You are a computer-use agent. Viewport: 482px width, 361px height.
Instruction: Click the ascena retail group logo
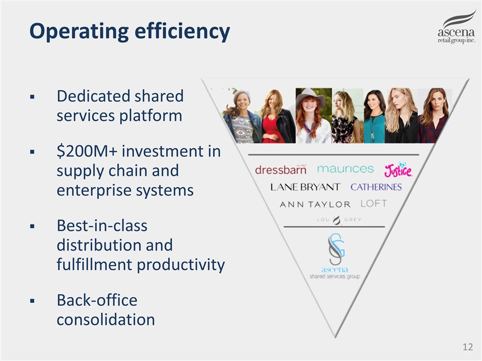click(x=456, y=27)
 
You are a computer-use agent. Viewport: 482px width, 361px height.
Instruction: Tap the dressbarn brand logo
click(x=281, y=169)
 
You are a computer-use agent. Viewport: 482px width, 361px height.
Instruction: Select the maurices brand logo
click(x=345, y=169)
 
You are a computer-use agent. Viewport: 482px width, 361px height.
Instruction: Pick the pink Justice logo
click(x=398, y=170)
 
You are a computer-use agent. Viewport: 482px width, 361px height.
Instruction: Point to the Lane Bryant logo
click(x=306, y=187)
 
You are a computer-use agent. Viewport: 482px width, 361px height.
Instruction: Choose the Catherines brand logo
click(x=376, y=187)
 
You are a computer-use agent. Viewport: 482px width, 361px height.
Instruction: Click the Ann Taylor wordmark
click(x=315, y=205)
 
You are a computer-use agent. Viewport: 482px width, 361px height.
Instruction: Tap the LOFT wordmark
click(x=374, y=204)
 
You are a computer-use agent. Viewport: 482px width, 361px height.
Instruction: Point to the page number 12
click(x=468, y=347)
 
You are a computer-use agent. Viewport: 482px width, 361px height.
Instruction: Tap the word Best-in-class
click(x=102, y=226)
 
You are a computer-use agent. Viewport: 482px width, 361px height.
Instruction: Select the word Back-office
click(x=97, y=300)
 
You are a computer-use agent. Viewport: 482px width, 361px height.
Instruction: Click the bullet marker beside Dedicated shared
click(x=32, y=97)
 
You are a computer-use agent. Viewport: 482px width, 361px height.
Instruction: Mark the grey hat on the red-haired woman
click(x=313, y=95)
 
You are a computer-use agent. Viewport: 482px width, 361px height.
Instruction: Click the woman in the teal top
click(x=375, y=116)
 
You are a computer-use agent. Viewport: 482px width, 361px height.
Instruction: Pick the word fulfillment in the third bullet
click(x=95, y=265)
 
